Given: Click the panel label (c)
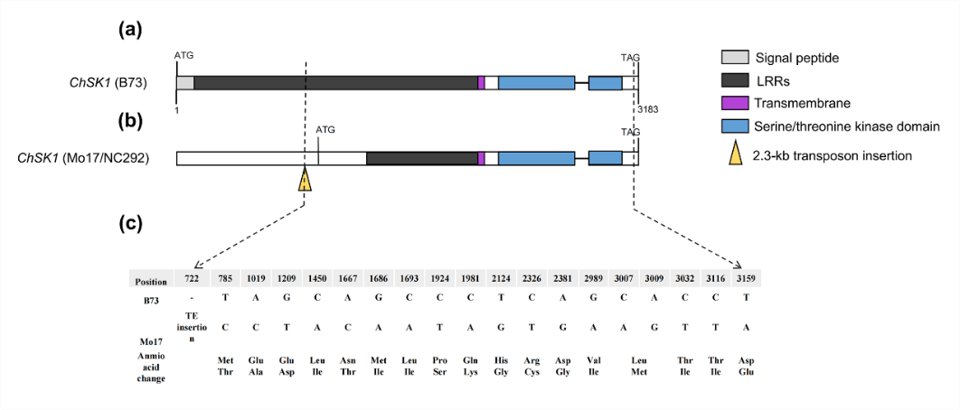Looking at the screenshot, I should point(131,225).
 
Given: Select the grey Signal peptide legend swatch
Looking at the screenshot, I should point(732,59).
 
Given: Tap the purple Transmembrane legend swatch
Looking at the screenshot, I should point(732,103).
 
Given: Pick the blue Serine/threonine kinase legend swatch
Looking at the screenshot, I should point(732,126).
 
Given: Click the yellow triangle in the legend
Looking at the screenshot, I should point(732,154).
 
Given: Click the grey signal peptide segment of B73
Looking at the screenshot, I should point(184,83).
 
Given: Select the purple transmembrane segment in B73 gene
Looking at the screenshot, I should point(482,83).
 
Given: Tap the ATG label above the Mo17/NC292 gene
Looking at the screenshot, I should point(325,130).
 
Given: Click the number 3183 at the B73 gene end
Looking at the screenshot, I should point(647,109).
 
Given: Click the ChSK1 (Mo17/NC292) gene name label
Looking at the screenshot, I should point(83,159).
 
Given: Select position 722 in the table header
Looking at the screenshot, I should point(191,279).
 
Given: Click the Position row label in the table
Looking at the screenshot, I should point(150,281).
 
